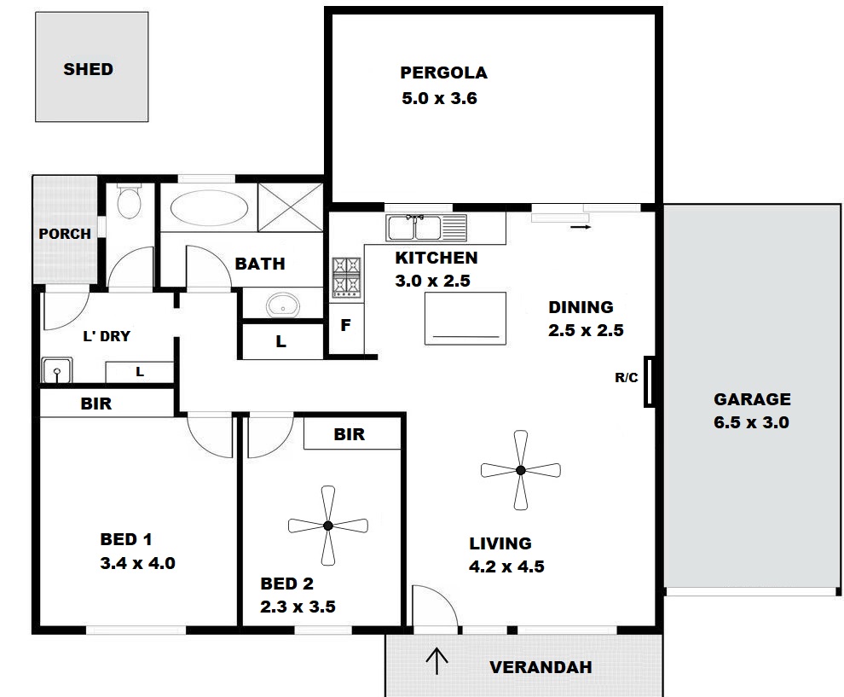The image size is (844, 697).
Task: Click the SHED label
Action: pos(89,69)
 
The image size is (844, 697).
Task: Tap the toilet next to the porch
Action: pos(130,201)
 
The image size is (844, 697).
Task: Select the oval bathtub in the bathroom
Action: pos(209,208)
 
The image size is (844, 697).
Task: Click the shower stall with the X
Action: pos(290,207)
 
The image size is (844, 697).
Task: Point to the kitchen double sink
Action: pos(426,227)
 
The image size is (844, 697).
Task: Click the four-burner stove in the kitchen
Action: pos(346,277)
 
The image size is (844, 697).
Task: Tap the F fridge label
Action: pos(345,325)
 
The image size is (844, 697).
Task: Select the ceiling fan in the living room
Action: pos(521,470)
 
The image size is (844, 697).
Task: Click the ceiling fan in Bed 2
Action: pos(328,526)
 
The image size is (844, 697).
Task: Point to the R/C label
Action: pos(627,378)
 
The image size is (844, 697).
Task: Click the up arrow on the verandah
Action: pos(436,661)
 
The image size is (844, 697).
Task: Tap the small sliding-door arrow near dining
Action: pos(581,227)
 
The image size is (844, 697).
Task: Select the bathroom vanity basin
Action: pos(282,305)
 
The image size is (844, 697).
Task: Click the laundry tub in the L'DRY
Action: pos(56,370)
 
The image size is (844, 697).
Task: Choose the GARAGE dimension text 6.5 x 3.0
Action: pos(751,422)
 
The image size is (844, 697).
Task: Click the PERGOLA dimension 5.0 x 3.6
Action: pos(439,98)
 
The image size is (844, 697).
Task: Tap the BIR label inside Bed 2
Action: pos(350,434)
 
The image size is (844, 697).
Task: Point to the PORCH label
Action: pos(65,234)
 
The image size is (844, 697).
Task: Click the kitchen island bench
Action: pos(465,318)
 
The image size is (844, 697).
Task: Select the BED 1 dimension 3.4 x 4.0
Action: pos(138,563)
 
